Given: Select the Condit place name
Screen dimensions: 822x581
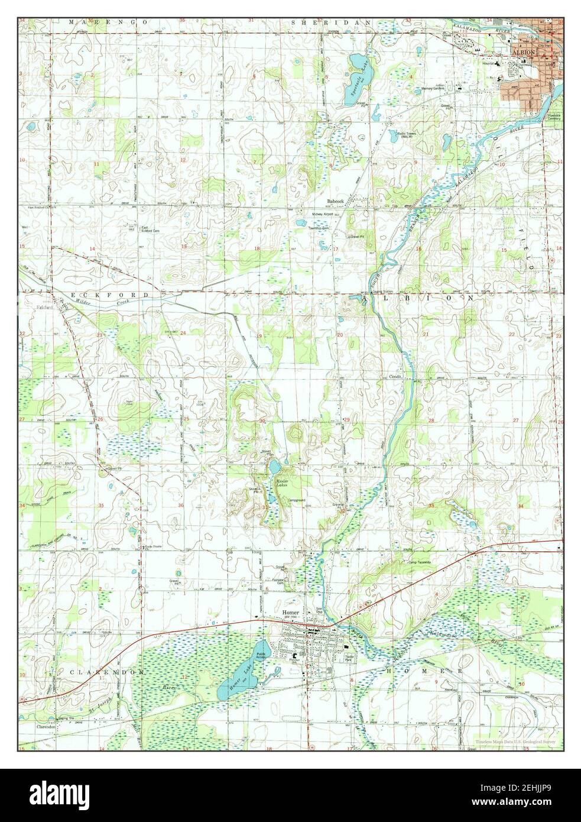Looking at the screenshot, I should (x=395, y=377).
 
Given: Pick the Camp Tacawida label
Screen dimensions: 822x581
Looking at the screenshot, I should (x=417, y=562).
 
